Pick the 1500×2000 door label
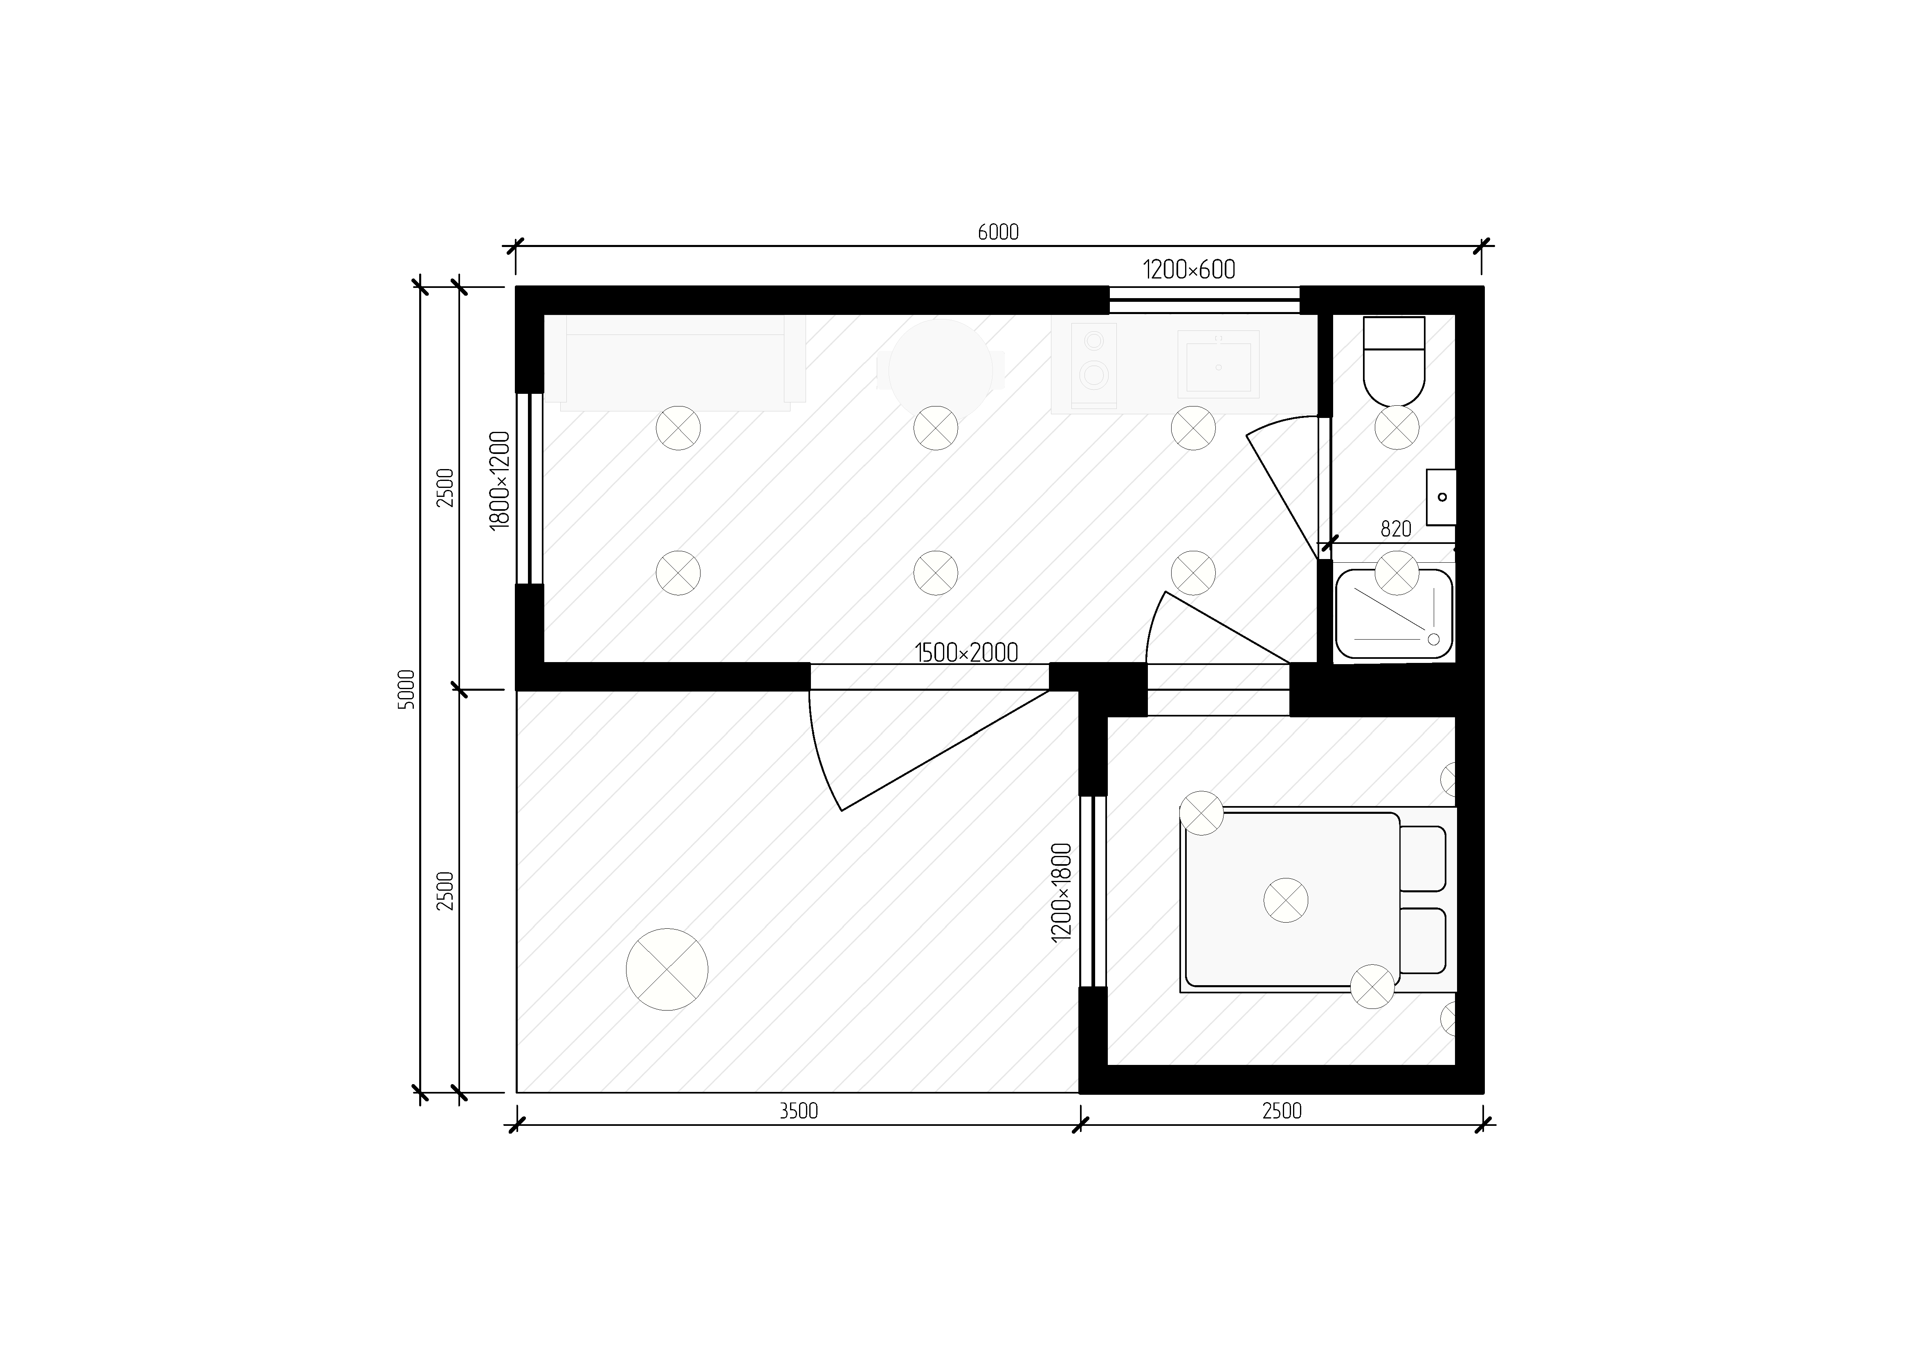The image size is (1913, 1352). (x=966, y=652)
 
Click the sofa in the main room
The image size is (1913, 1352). (x=675, y=363)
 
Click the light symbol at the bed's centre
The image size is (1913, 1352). (x=1286, y=900)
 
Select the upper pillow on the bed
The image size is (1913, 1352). (x=1422, y=858)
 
